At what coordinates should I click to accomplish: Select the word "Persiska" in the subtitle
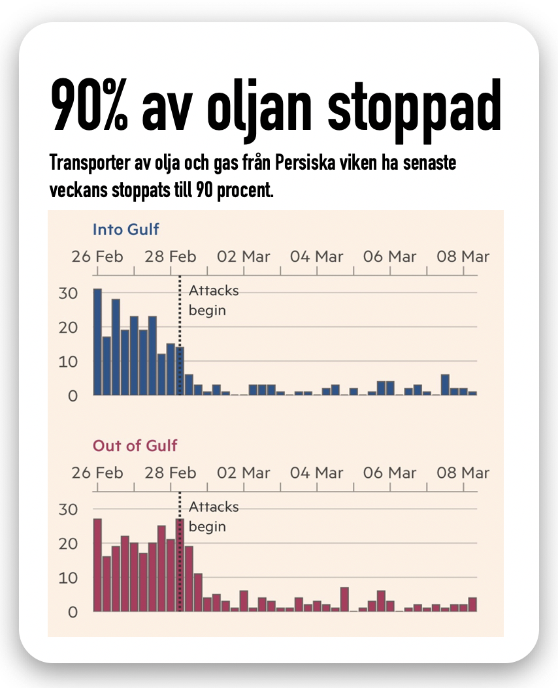pos(336,164)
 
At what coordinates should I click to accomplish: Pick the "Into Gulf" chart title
pos(126,230)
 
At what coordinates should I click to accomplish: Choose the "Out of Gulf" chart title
pos(135,446)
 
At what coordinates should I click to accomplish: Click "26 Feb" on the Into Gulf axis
pos(97,257)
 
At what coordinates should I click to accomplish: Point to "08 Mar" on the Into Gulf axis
pos(463,257)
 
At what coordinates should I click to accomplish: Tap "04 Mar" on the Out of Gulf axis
pos(317,473)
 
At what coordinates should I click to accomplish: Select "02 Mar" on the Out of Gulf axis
pos(244,473)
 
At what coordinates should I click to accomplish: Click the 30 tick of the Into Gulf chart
pos(67,294)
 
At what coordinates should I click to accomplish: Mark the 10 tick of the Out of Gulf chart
pos(67,578)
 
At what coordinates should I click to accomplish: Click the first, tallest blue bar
pos(97,343)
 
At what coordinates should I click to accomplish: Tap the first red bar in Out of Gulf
pos(97,565)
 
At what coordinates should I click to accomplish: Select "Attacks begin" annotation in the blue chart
pos(214,301)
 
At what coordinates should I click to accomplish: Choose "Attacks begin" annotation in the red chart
pos(214,517)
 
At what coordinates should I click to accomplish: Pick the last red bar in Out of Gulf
pos(472,604)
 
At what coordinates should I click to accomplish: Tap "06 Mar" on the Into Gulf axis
pos(389,257)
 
